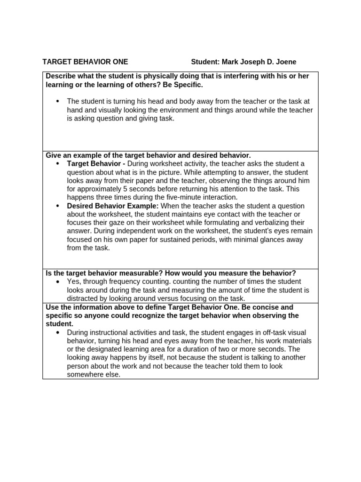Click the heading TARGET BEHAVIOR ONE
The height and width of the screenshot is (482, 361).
point(85,62)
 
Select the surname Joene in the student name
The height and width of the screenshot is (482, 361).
point(286,62)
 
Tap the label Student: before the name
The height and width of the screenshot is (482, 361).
point(205,62)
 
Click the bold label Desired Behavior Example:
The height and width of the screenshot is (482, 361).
point(113,206)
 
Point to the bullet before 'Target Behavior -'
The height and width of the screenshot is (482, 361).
point(58,163)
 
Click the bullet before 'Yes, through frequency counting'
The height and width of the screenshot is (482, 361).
point(58,281)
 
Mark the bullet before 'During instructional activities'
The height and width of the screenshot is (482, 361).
point(58,332)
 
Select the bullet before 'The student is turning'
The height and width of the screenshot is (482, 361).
point(58,101)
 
